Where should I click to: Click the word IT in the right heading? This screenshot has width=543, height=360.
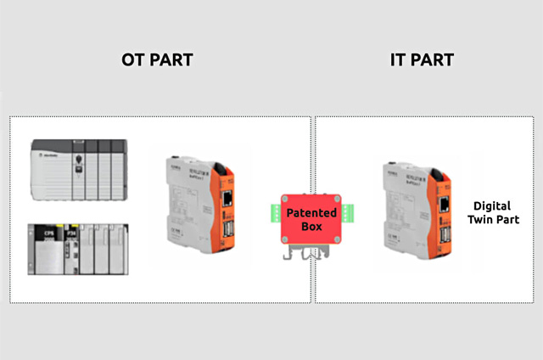point(400,60)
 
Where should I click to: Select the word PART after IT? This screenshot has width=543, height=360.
point(433,60)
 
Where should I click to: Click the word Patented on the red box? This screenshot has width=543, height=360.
point(311,212)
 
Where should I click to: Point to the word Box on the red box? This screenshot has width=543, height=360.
point(311,227)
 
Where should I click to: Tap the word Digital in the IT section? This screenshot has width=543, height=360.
point(492,205)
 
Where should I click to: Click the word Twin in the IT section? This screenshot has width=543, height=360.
point(479,219)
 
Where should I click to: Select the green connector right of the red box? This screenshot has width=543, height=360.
point(345,217)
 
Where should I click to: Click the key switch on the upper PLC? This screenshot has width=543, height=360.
point(78,159)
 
